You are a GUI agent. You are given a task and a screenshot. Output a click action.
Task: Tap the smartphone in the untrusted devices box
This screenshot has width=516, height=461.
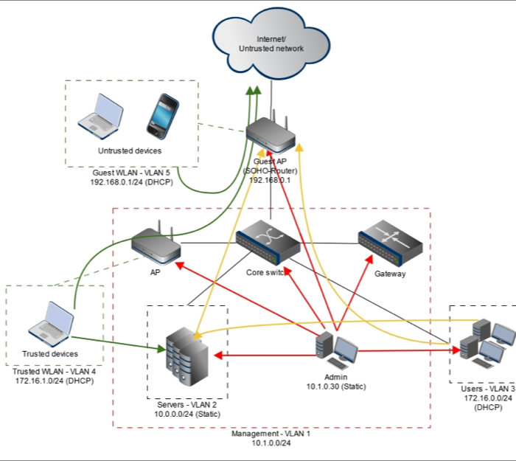[162, 115]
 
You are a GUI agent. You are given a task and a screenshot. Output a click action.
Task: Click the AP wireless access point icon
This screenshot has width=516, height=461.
[156, 246]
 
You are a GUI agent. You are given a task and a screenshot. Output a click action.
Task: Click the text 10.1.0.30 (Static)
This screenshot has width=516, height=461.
[336, 387]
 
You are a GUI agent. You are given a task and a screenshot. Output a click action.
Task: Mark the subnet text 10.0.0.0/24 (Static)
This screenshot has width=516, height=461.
[188, 415]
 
